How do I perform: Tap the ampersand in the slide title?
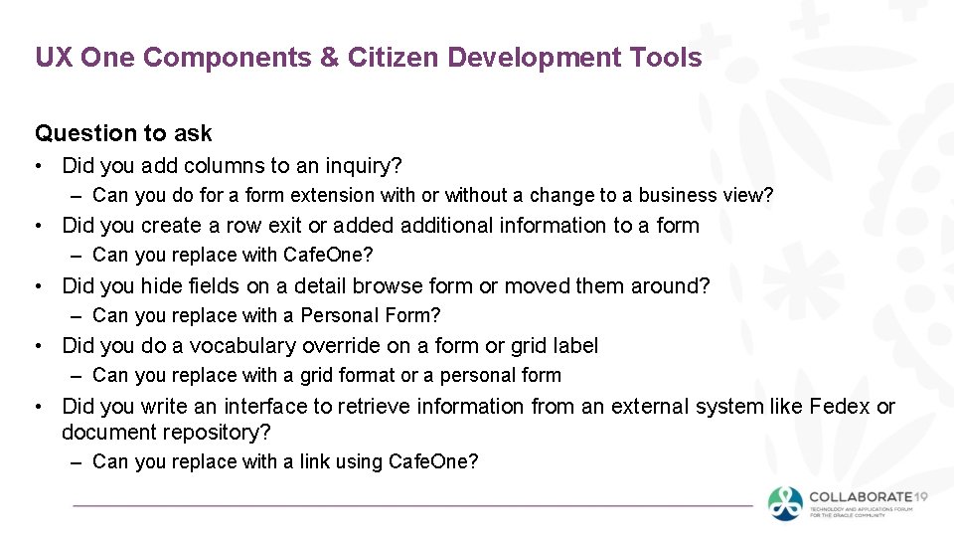click(328, 58)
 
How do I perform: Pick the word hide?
click(163, 286)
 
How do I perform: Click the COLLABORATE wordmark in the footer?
click(861, 496)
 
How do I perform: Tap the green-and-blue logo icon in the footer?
click(785, 503)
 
